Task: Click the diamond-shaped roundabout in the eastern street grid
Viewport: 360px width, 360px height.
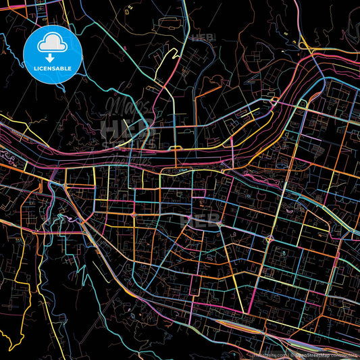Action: (x=269, y=238)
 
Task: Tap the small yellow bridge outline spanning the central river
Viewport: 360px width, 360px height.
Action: (x=175, y=148)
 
